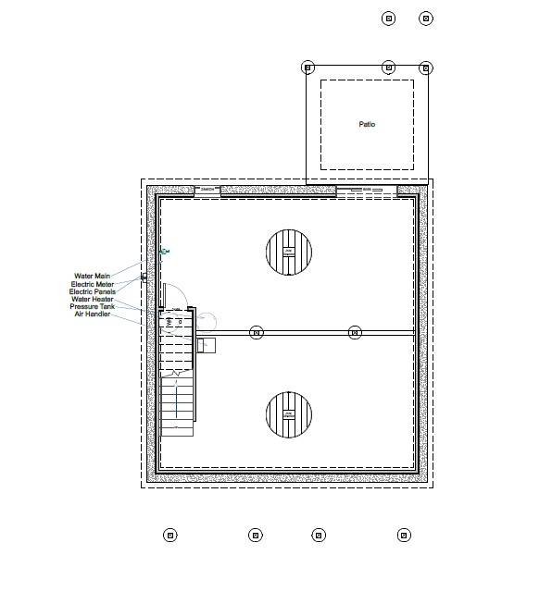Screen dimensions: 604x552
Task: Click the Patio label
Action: click(x=367, y=124)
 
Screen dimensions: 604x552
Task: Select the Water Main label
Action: click(x=93, y=276)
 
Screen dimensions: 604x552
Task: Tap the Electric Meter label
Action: click(x=93, y=284)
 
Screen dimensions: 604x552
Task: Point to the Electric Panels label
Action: click(x=93, y=291)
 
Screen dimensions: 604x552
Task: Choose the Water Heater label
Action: click(x=93, y=299)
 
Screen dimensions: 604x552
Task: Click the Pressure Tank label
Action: click(x=93, y=306)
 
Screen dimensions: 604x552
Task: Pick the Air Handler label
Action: click(x=93, y=314)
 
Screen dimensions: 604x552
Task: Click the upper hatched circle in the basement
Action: click(x=288, y=252)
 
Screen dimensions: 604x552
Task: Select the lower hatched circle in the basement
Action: click(x=288, y=414)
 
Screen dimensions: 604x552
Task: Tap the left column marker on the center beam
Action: click(x=257, y=332)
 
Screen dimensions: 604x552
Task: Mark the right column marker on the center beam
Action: click(x=355, y=332)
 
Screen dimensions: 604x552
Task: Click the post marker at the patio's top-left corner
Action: click(x=308, y=68)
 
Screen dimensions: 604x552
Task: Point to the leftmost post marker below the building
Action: click(x=169, y=535)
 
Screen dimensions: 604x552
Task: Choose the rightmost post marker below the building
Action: click(x=404, y=535)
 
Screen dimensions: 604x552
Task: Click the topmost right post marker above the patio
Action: click(x=426, y=18)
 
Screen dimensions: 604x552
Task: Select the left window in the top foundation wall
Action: click(x=207, y=191)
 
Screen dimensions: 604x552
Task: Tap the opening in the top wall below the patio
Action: click(x=367, y=191)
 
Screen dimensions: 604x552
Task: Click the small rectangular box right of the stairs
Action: click(x=207, y=345)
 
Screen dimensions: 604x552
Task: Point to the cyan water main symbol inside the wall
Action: click(x=165, y=251)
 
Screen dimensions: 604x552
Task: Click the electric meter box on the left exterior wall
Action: click(x=144, y=277)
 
